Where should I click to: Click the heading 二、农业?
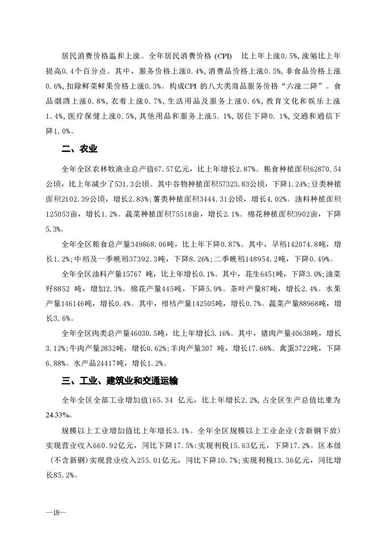click(77, 149)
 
